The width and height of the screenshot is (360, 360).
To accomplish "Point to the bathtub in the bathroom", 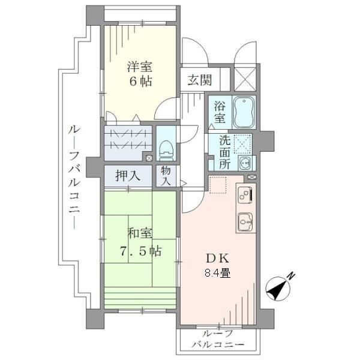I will [x=244, y=112].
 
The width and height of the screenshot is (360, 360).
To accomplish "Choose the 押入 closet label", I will [x=128, y=176].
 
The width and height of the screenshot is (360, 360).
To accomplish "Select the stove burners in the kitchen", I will [x=245, y=194].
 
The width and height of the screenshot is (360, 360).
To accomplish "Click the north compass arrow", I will [x=277, y=290].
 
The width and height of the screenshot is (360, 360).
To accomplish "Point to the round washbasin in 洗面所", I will [x=245, y=163].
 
